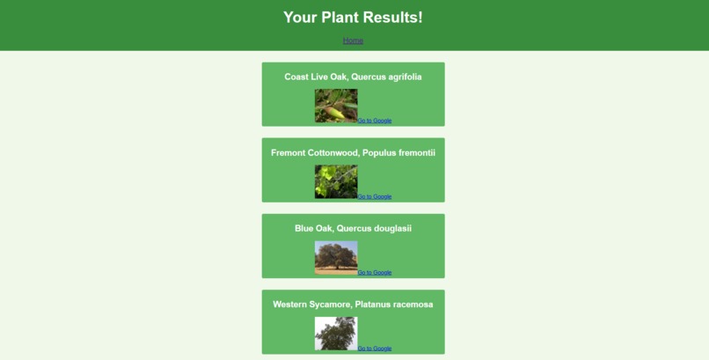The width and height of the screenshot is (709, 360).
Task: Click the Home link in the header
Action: [353, 40]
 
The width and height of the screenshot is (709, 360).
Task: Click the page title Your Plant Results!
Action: [353, 18]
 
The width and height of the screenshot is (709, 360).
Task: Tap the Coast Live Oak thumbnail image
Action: [336, 106]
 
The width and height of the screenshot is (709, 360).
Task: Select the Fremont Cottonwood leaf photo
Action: [336, 181]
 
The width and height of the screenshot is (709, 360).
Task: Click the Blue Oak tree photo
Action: [336, 257]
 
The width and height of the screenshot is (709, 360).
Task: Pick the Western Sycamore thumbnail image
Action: [336, 334]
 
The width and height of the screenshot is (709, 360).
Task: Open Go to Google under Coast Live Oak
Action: [375, 121]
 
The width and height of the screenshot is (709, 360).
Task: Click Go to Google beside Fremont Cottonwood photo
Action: [375, 196]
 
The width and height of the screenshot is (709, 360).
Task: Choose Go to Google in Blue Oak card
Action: [375, 272]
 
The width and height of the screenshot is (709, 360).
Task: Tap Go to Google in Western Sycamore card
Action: [375, 349]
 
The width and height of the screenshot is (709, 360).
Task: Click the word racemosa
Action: [411, 305]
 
